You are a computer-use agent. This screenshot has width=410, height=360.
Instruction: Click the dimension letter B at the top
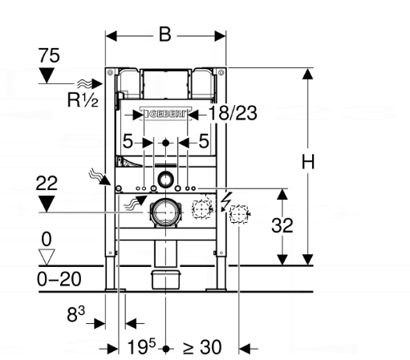165,35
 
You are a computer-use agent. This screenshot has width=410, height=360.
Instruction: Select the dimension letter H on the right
307,161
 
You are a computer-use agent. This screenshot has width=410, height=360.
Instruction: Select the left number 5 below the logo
128,142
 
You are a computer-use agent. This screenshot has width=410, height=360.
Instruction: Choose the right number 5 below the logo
204,142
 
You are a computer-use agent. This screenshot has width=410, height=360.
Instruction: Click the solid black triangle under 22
49,203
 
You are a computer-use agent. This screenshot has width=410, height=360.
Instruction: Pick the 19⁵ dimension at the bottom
141,347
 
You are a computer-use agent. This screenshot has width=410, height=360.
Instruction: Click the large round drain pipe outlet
165,212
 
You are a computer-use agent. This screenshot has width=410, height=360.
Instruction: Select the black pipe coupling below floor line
165,281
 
